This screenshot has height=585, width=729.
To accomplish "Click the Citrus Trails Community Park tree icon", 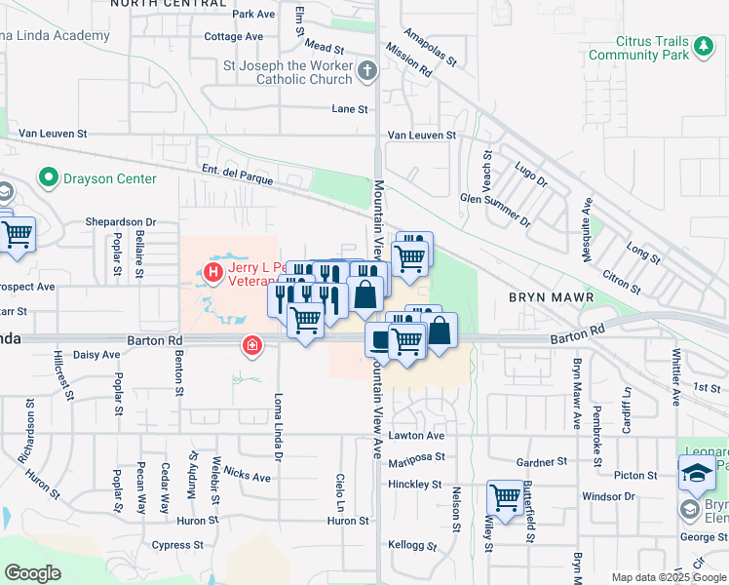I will pos(702,46).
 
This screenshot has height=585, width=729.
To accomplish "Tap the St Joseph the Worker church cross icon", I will pos(367,70).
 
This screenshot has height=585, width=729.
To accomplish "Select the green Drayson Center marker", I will pos(47,178).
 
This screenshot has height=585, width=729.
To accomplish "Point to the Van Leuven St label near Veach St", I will pos(422,136).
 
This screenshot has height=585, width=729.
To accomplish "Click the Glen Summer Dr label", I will pos(497,210).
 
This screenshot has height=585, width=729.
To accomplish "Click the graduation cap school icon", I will pos(696,474).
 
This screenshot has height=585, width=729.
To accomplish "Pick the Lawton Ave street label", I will pos(416,436).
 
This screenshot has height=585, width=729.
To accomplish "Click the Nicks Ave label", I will pos(247,475).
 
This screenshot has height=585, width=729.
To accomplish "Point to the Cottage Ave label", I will pos(234,37).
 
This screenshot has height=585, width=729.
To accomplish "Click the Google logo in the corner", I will pos(32,573).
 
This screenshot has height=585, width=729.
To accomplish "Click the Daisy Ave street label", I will pos(96,355).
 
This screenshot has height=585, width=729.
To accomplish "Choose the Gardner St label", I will pos(543,462).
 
